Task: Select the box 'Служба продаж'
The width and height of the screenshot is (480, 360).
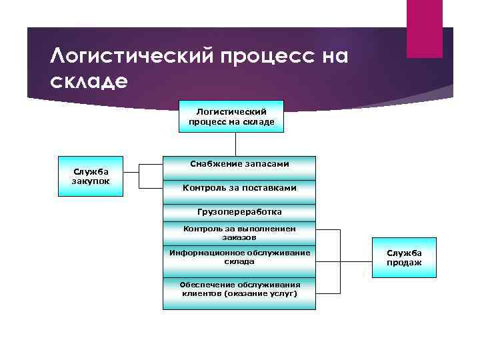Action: pyautogui.click(x=404, y=258)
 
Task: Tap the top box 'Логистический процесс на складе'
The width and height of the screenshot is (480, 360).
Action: pyautogui.click(x=231, y=117)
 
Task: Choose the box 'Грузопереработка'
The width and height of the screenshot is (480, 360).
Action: pyautogui.click(x=239, y=212)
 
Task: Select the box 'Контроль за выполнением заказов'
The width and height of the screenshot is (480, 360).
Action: pyautogui.click(x=239, y=233)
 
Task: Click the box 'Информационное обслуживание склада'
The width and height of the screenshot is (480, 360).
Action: pyautogui.click(x=239, y=257)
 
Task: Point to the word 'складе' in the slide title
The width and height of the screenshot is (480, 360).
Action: pyautogui.click(x=87, y=81)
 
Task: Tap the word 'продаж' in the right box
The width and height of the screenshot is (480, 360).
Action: pyautogui.click(x=404, y=263)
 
